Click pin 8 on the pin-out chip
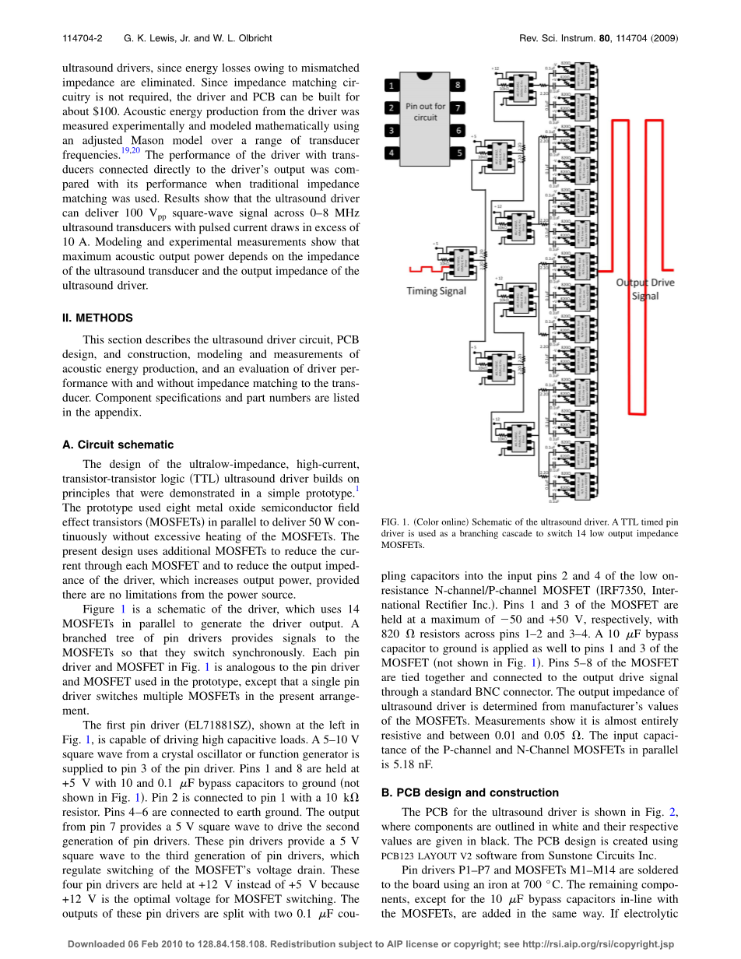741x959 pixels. (x=459, y=84)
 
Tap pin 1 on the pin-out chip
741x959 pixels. (x=392, y=84)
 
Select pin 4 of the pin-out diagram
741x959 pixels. (x=392, y=153)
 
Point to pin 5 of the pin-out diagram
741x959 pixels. (x=459, y=153)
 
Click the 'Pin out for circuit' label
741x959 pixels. (x=425, y=111)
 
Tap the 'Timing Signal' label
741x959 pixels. (x=437, y=290)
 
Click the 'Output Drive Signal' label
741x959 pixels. (x=644, y=289)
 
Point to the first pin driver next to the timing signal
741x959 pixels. (x=462, y=260)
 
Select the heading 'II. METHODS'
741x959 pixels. (x=97, y=318)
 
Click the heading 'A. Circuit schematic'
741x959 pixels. (x=118, y=444)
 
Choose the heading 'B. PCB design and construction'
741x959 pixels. (x=469, y=792)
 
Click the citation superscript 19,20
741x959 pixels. (x=130, y=151)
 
